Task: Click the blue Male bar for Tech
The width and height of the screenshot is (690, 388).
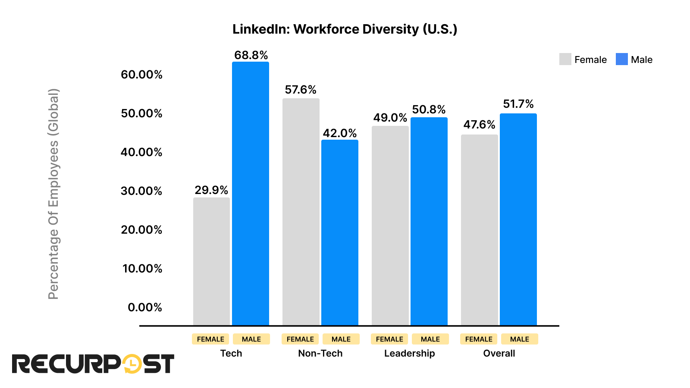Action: click(250, 194)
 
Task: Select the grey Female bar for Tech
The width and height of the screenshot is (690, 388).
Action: click(211, 261)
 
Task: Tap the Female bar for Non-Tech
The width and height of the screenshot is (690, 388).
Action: click(301, 212)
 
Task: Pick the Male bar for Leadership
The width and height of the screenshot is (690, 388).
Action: click(429, 221)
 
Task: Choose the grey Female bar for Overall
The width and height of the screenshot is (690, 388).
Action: click(479, 230)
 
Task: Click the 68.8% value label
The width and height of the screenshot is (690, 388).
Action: click(251, 55)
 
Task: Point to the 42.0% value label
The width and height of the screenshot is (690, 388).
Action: click(340, 133)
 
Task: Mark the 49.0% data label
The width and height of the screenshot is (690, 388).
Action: click(390, 118)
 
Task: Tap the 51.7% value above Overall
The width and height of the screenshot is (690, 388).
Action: click(518, 104)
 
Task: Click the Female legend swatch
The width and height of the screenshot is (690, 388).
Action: click(565, 59)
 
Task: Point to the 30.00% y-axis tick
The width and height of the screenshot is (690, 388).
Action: click(141, 191)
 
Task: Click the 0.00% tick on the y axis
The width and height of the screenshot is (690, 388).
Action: click(145, 307)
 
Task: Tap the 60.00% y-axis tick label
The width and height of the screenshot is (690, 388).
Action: click(141, 75)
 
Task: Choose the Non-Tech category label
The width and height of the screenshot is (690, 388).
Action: click(320, 354)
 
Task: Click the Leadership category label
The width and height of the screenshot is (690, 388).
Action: click(409, 354)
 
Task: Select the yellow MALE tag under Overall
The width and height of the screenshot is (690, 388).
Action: click(519, 339)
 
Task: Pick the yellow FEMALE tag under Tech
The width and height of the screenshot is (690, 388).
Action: click(210, 339)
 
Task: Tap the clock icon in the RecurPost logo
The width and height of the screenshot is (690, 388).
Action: click(131, 364)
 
